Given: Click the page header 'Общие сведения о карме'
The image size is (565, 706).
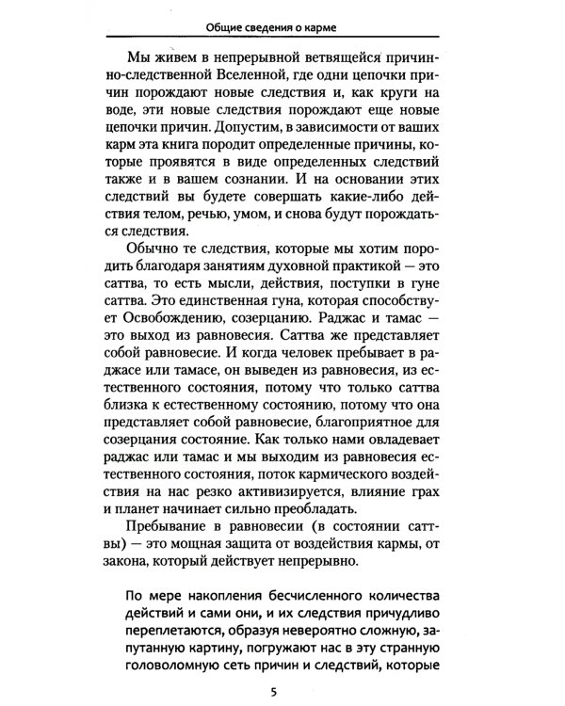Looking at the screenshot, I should tap(282, 25).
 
